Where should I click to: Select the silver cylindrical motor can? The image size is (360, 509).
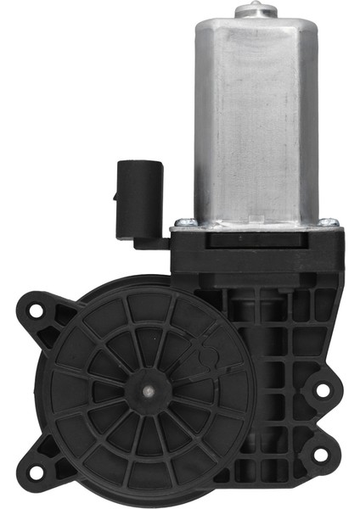coord(255,119)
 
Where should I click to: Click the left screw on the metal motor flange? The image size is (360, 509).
coord(181,224)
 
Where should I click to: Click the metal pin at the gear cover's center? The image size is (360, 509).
coord(149,391)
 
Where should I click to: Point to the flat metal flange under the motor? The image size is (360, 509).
coord(255,224)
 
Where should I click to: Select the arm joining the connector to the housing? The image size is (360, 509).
coord(151,243)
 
